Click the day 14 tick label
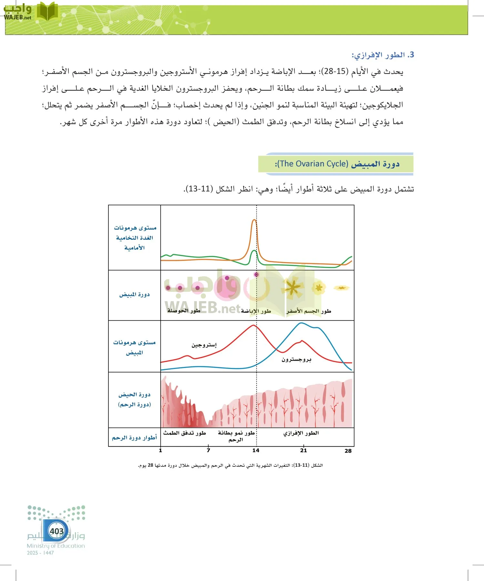tap(256, 451)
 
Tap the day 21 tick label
tap(303, 451)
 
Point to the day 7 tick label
tap(208, 451)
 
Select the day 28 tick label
tap(348, 451)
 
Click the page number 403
tap(57, 531)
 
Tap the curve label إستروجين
tap(204, 345)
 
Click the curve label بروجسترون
tap(296, 359)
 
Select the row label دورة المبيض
tap(134, 294)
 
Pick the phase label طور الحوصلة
tap(184, 311)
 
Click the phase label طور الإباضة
tap(256, 311)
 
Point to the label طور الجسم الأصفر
tap(308, 311)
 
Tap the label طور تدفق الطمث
tap(184, 433)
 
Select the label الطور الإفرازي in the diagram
tap(301, 433)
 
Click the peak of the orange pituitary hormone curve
tap(254, 220)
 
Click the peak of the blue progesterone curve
tap(301, 323)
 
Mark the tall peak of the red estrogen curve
tap(254, 325)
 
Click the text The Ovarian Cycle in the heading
tap(312, 164)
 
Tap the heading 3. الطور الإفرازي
tap(383, 55)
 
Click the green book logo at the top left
tap(47, 12)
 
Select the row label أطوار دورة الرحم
tap(134, 438)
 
